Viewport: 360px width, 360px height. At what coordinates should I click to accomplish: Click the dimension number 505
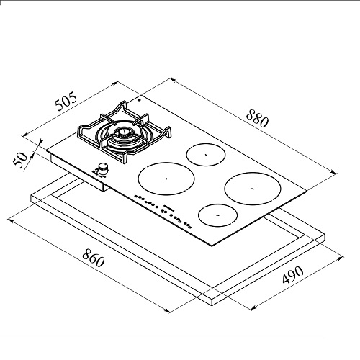point(66,102)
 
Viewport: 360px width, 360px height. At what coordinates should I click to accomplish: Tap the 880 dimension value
point(257,118)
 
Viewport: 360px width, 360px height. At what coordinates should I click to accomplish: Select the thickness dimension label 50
point(21,160)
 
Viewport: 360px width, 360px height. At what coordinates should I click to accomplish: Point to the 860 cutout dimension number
point(94,258)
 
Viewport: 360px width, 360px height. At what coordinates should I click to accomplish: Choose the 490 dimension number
point(293,274)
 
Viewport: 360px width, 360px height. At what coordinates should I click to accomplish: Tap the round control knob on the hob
point(104,168)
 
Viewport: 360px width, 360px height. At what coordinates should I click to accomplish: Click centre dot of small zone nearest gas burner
point(206,155)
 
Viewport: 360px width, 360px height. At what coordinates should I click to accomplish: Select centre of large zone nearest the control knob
point(166,179)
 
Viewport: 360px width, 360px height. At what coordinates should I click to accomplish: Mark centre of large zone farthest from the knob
point(253,189)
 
